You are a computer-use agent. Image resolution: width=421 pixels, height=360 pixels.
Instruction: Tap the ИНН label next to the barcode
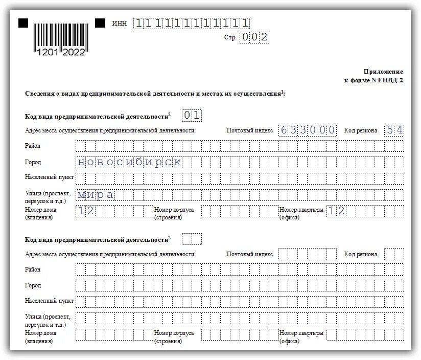(120, 24)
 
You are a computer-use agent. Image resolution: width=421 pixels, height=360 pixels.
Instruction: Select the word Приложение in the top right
(383, 72)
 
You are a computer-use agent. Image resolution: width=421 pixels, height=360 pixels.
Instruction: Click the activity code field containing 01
(192, 116)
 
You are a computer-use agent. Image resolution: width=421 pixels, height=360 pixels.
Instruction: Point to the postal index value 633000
(308, 130)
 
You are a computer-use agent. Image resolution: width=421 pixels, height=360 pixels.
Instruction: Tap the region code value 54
(394, 130)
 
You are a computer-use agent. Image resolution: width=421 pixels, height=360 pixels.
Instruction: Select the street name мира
(95, 195)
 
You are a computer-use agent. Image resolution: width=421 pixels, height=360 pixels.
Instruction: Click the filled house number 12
(85, 211)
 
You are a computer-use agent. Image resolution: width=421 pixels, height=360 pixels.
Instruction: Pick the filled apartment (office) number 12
(336, 211)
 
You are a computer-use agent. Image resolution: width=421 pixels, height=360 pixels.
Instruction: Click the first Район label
(32, 146)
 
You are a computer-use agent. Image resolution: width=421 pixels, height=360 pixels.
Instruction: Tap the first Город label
(33, 162)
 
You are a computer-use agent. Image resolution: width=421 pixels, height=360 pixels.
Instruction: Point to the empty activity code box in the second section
(192, 239)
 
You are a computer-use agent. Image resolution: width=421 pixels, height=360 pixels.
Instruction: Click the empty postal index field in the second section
(308, 254)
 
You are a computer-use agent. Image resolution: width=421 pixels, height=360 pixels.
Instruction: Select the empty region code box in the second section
(394, 254)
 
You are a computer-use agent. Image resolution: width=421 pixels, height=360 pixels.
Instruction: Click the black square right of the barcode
(100, 23)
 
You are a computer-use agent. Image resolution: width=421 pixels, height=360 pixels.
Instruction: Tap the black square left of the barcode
(24, 23)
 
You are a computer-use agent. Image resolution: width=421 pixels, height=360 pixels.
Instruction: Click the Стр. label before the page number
(230, 38)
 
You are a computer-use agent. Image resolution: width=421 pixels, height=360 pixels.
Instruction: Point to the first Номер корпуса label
(174, 210)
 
